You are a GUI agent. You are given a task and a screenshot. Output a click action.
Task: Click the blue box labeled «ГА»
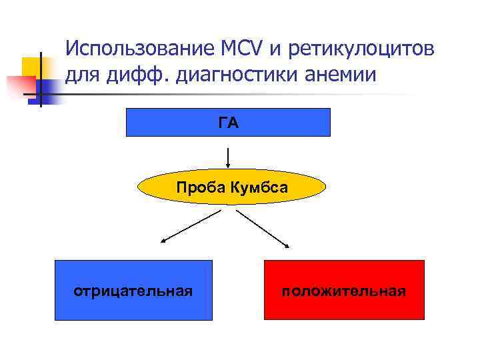tap(228, 122)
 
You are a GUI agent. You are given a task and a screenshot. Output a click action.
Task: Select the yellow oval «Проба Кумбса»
tap(231, 187)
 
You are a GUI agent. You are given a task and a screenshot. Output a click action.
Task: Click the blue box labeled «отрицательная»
tap(133, 290)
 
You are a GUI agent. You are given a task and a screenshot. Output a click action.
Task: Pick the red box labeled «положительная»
tap(344, 290)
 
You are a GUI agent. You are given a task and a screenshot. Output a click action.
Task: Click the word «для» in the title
tap(82, 74)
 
